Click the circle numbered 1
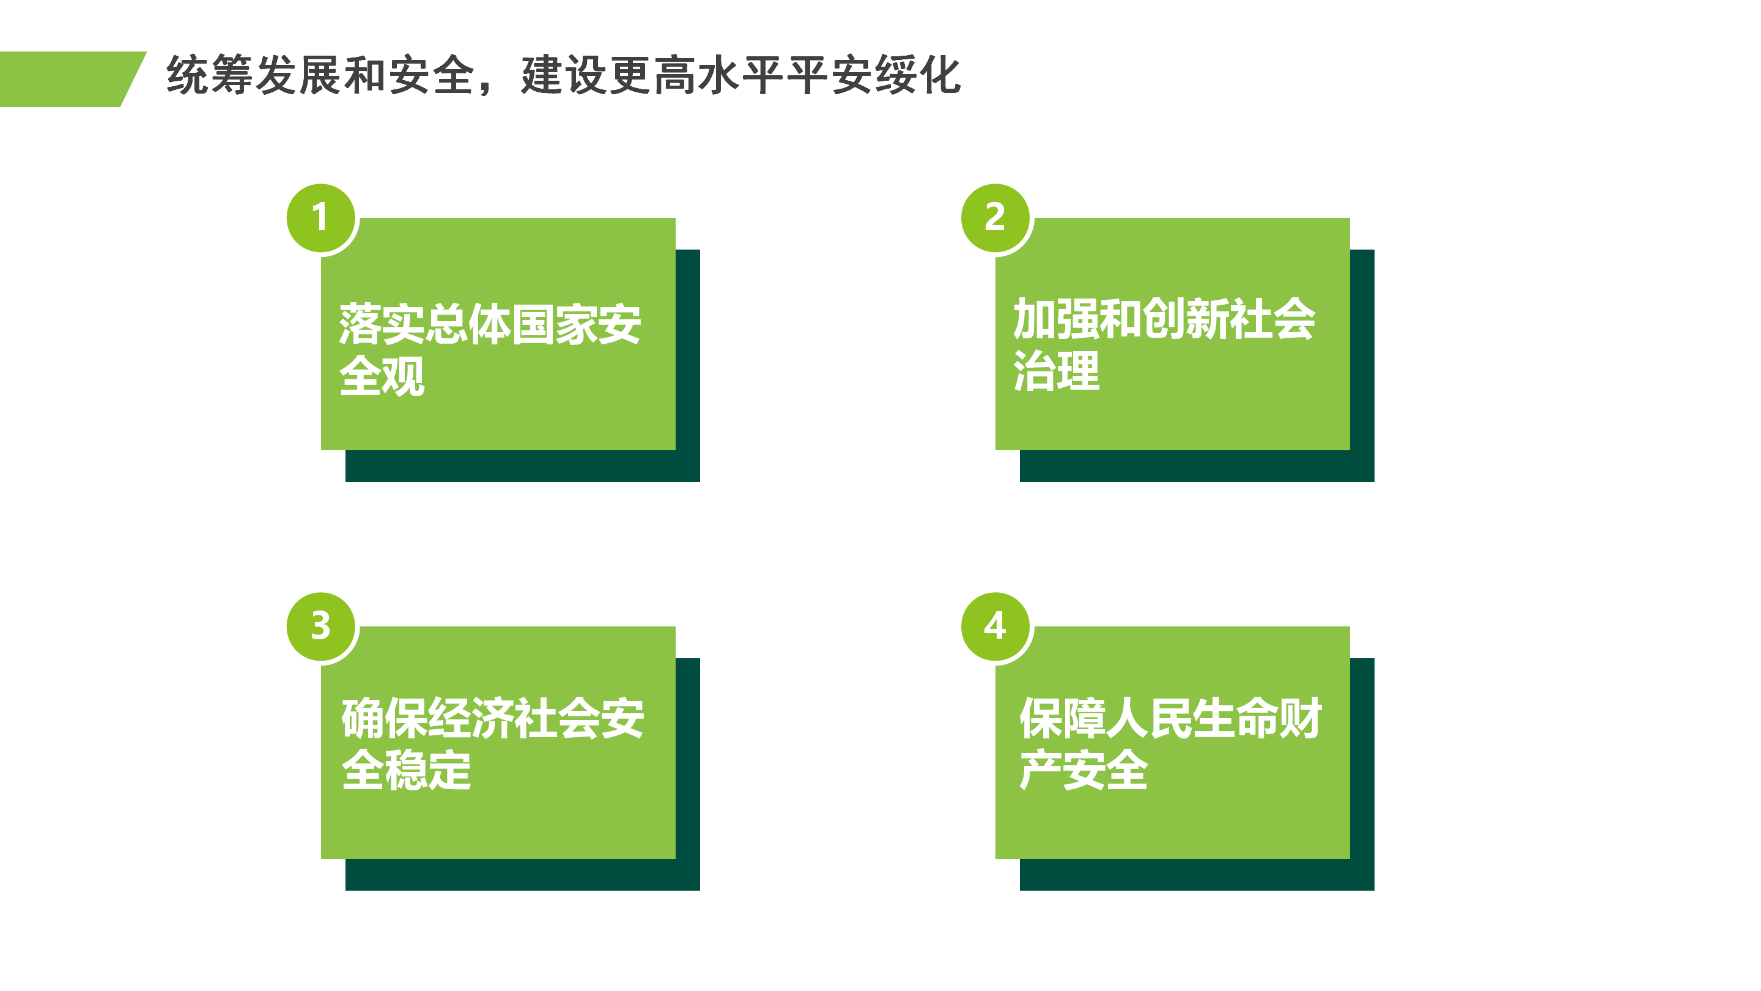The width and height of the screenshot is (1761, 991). (x=320, y=218)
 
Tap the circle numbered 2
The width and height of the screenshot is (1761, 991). (x=995, y=218)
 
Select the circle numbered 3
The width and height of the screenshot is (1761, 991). (x=320, y=626)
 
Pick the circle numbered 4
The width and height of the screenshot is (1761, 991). (x=995, y=626)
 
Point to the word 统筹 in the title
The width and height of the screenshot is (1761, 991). (x=209, y=75)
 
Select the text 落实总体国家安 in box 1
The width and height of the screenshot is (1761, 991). (x=490, y=324)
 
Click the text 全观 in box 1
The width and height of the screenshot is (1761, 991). (x=382, y=376)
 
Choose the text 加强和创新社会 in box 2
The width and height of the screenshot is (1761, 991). (x=1164, y=319)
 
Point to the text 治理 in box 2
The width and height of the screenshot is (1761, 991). (x=1056, y=371)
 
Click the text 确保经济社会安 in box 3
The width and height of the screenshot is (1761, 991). (x=492, y=718)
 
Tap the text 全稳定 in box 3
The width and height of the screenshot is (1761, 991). (x=406, y=770)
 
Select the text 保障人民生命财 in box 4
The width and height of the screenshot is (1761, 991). (x=1170, y=718)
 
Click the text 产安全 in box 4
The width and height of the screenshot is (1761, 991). (x=1084, y=770)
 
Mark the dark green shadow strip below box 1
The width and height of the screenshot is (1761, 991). (x=522, y=466)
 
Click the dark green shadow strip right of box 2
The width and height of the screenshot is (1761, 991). (x=1362, y=350)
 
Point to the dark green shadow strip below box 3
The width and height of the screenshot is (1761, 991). (x=522, y=875)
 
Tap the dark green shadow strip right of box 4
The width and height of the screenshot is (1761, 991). (x=1362, y=759)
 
